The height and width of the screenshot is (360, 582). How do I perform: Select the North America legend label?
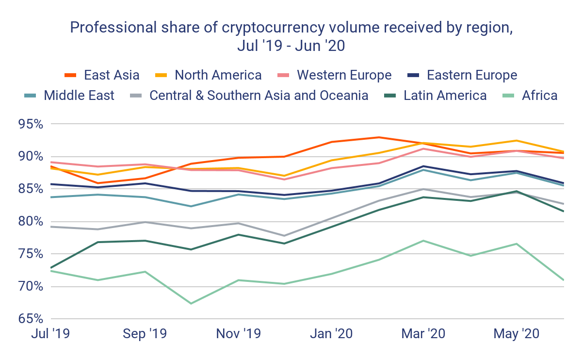[x=218, y=75]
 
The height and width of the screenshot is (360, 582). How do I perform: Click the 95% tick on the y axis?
[x=29, y=124]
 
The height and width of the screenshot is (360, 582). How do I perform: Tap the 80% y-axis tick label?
[x=29, y=222]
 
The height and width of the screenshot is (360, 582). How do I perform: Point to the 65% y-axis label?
[x=29, y=319]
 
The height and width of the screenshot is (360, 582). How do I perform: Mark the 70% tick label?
[x=29, y=287]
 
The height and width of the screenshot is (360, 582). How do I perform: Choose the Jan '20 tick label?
[x=332, y=334]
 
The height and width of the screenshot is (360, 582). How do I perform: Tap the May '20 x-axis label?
[x=517, y=334]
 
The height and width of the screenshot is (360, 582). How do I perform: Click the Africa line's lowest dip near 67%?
[x=191, y=304]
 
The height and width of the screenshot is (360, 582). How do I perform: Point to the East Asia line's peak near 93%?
[x=379, y=137]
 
